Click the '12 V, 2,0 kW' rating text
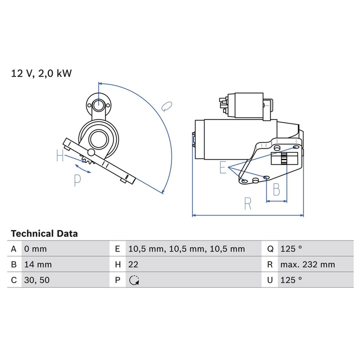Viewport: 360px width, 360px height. [42, 73]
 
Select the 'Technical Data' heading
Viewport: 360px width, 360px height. [44, 233]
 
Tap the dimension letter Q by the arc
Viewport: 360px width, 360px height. [167, 105]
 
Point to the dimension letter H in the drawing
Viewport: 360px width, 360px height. [60, 156]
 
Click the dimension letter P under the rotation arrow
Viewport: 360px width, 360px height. [77, 180]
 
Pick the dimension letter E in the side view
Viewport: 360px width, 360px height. [222, 168]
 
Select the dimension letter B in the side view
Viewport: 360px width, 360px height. [276, 189]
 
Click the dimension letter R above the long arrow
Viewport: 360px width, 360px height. [248, 203]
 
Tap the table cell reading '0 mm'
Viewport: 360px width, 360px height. [35, 248]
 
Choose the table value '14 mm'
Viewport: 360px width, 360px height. [37, 264]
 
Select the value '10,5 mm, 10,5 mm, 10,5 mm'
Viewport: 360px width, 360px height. [186, 248]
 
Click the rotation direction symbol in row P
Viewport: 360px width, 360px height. [133, 280]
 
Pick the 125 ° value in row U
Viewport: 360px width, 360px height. [291, 280]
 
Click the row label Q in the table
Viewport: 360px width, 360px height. [270, 248]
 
